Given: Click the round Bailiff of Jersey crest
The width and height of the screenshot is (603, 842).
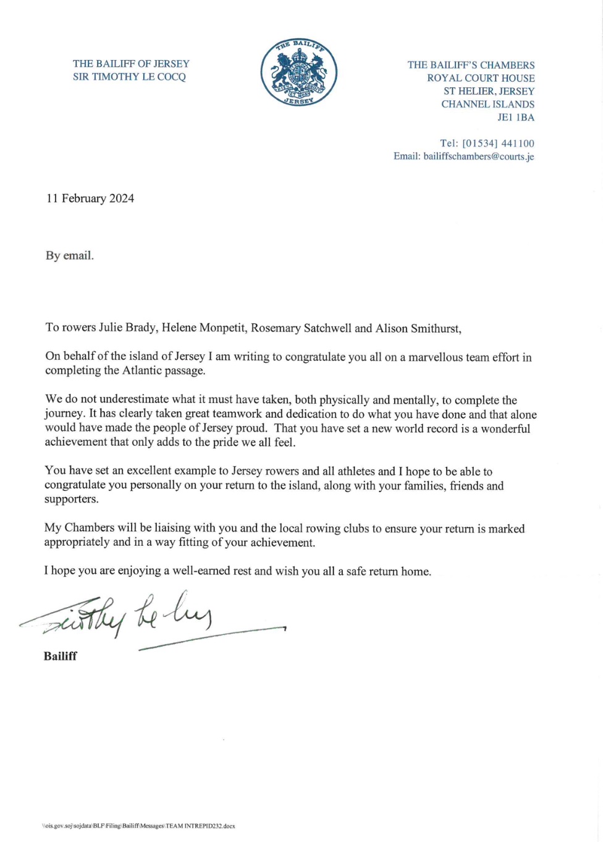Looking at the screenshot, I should [x=299, y=72].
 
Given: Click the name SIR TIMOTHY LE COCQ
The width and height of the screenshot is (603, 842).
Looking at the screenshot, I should [x=129, y=77].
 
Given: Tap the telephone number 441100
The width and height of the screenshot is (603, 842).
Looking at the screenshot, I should [x=518, y=143].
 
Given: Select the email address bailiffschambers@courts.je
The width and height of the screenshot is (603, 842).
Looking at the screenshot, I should [x=479, y=156].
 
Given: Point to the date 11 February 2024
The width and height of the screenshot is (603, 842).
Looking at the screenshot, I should [x=90, y=198].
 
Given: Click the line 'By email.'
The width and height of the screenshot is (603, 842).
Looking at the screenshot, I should [x=70, y=255].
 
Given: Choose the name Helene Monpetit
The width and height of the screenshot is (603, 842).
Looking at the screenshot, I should [x=203, y=328].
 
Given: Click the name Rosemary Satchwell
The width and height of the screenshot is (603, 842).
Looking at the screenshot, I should [x=301, y=328].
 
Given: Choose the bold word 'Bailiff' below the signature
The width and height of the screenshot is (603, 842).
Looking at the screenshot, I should [x=61, y=657].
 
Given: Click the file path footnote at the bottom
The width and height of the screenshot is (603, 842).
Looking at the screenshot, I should [x=138, y=826].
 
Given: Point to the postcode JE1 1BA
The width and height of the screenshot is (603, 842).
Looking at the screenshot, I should [x=516, y=117].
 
